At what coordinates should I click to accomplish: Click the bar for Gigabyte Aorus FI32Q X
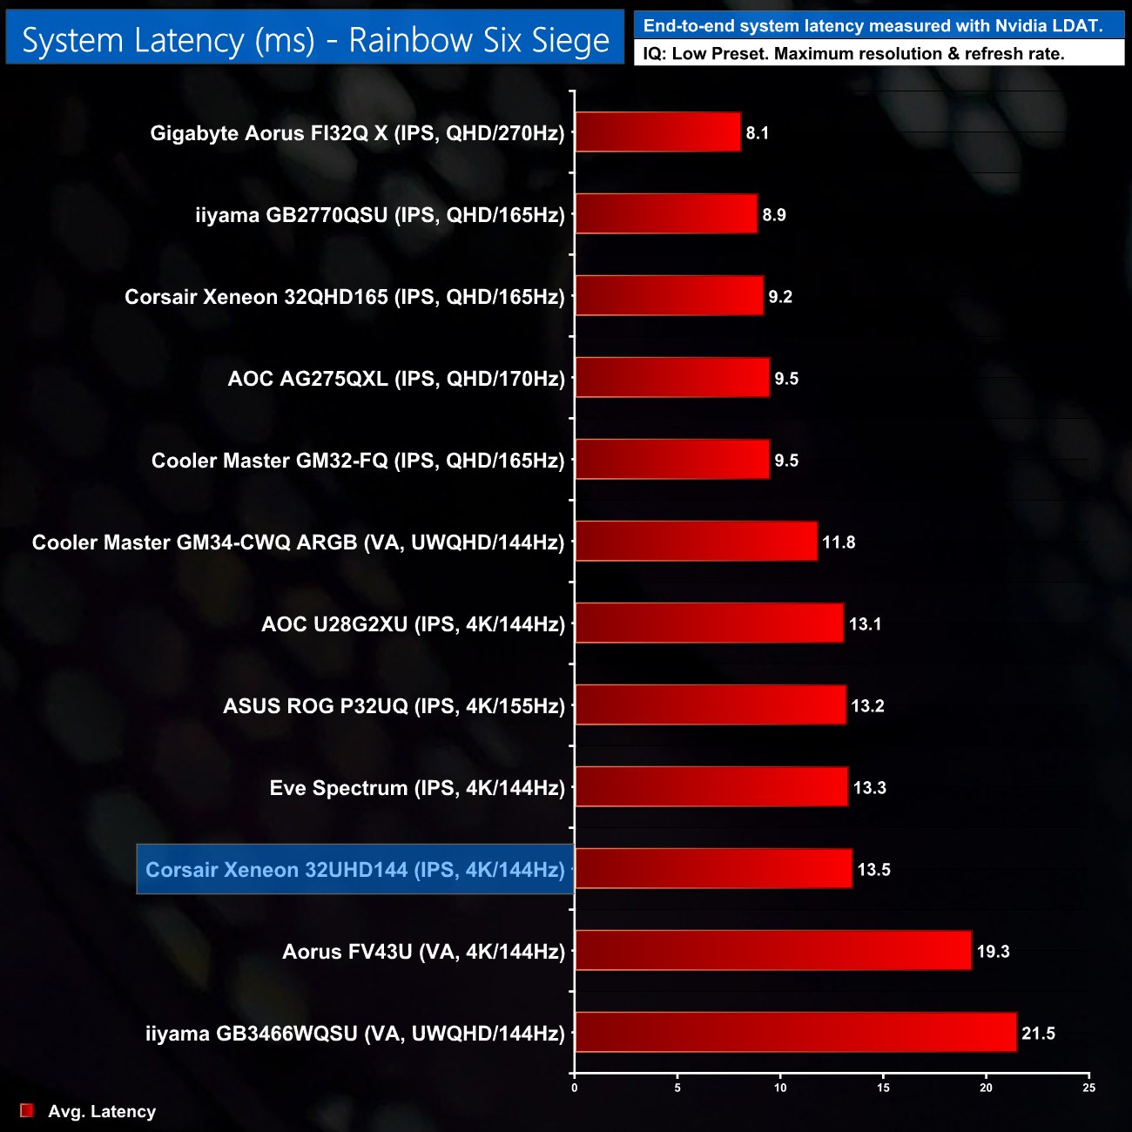(x=657, y=132)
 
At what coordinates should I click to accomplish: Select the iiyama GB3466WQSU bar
(x=795, y=1032)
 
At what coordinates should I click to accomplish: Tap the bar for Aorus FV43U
(x=772, y=950)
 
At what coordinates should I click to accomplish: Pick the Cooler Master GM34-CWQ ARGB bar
(x=696, y=541)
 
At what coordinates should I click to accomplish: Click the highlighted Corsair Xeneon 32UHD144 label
(x=355, y=869)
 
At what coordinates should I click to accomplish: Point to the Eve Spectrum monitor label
(x=417, y=788)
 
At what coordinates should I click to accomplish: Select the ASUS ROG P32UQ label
(x=394, y=706)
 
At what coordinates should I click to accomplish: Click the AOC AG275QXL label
(x=396, y=379)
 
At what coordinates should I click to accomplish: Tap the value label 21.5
(x=1038, y=1034)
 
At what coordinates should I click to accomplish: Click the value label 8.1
(x=758, y=133)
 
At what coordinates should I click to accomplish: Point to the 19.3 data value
(x=993, y=952)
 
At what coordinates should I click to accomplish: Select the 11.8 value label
(x=839, y=542)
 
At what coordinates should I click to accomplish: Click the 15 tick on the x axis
(x=883, y=1088)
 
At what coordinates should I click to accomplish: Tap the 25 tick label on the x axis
(x=1088, y=1088)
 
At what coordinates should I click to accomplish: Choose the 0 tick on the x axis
(x=574, y=1088)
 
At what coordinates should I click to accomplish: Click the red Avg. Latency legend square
(x=27, y=1110)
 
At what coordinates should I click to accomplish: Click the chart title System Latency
(x=315, y=40)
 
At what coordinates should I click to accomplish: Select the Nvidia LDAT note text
(x=873, y=26)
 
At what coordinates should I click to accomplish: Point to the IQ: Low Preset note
(x=853, y=54)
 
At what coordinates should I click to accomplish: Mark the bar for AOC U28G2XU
(x=709, y=623)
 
